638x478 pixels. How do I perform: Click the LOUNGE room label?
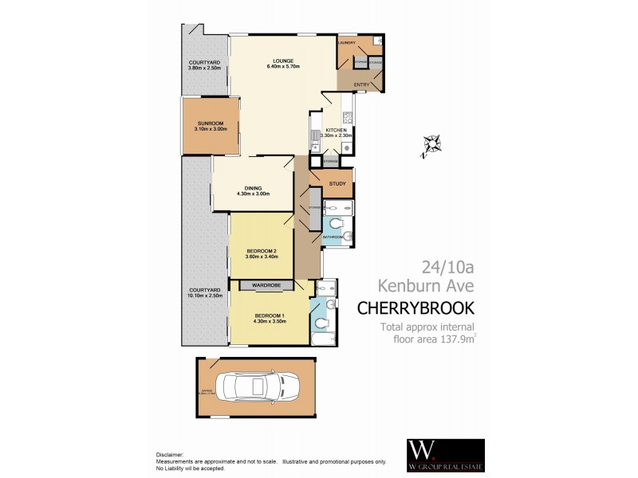282,61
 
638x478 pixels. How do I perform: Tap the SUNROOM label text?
211,123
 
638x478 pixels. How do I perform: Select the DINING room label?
253,188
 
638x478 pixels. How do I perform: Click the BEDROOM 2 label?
261,253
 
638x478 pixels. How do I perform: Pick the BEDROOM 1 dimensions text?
268,321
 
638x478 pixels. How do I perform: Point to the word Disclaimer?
168,455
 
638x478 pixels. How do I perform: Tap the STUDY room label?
337,184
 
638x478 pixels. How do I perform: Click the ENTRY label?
362,84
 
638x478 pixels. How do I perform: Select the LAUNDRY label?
347,42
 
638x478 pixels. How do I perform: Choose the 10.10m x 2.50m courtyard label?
204,292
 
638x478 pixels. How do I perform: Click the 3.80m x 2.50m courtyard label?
204,65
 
